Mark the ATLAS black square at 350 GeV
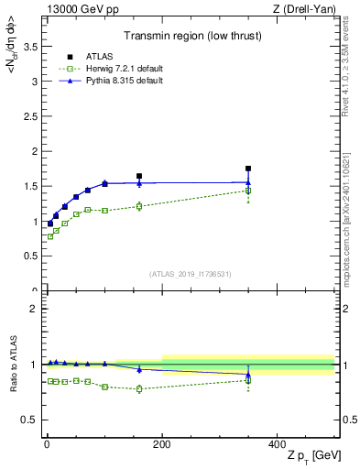tap(248, 169)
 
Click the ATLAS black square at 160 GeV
tap(139, 176)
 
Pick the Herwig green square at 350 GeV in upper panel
tap(248, 191)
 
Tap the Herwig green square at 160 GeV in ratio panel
tap(139, 388)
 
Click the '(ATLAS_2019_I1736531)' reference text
tap(190, 273)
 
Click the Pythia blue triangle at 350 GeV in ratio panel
tap(248, 374)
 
